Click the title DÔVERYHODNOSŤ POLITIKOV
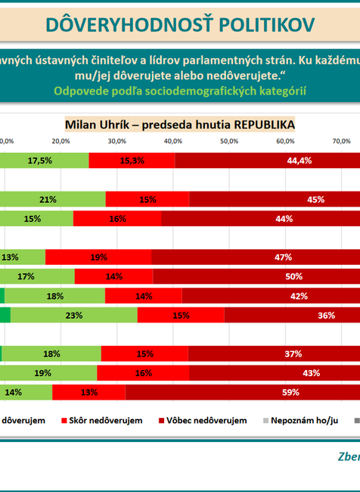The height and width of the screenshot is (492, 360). click(180, 24)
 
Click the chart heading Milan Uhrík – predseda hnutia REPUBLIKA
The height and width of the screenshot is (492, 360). click(180, 123)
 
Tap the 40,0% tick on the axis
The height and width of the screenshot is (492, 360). click(172, 142)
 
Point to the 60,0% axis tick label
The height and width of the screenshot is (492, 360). click(285, 142)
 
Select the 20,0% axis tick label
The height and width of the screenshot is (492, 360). click(61, 142)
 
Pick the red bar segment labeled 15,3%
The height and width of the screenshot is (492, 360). click(132, 160)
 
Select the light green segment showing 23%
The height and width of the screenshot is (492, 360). click(73, 316)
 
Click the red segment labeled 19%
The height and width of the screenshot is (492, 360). click(98, 257)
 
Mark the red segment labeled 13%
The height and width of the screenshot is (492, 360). click(88, 392)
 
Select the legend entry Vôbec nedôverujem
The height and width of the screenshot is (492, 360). click(207, 420)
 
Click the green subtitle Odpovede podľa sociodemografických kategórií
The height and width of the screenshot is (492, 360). click(180, 90)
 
